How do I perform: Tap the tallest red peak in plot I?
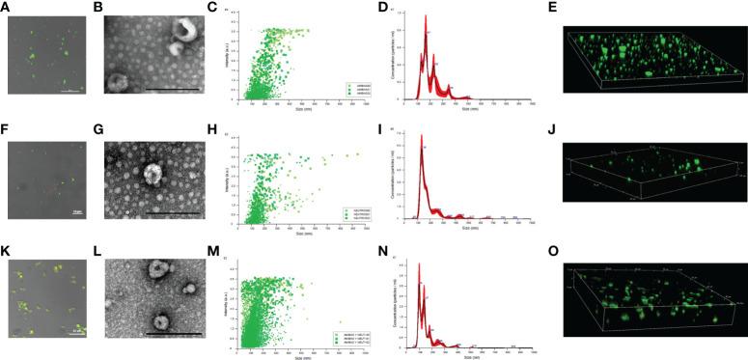click(422, 147)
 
